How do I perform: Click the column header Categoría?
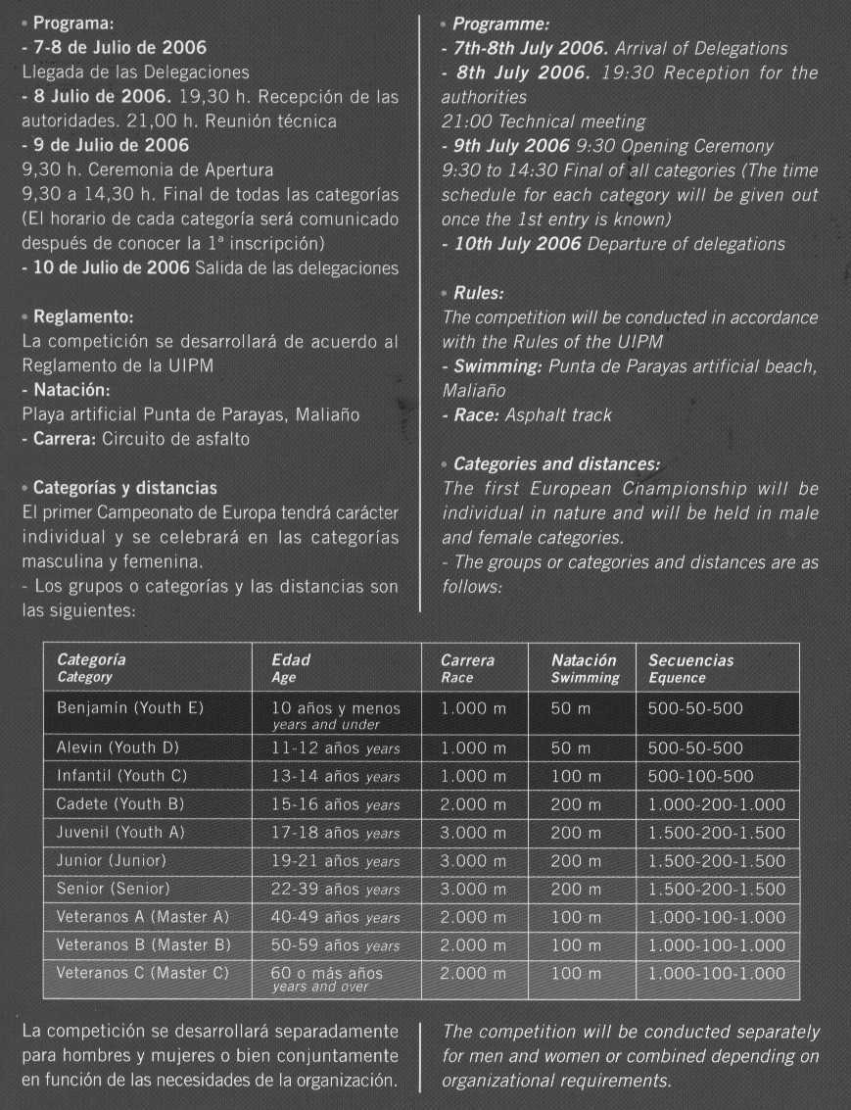91,660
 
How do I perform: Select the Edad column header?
291,660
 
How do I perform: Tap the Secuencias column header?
690,660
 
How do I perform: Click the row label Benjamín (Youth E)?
130,707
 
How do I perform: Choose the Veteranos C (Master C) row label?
142,973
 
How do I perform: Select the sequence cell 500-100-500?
700,776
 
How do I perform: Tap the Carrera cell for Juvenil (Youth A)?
473,833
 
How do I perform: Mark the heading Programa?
68,23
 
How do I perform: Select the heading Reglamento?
82,317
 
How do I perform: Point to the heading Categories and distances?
555,463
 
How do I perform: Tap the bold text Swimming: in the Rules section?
497,366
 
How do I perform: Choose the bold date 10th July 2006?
517,244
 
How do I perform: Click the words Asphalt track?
558,415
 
